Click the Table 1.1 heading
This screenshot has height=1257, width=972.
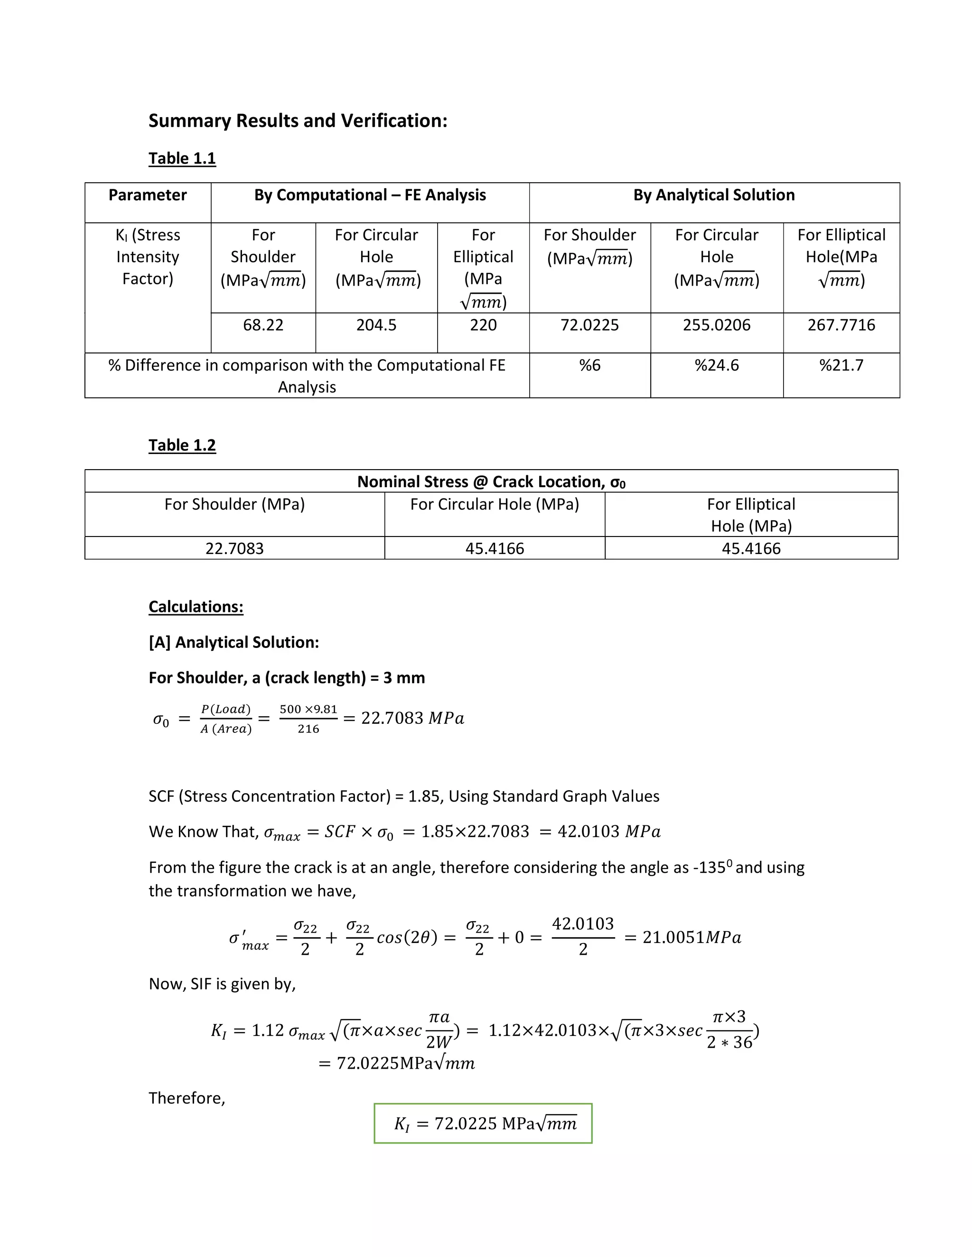pos(182,158)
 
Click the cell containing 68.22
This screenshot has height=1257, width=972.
pos(263,325)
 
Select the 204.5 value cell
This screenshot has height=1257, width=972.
pos(376,325)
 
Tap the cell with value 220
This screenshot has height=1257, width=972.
pos(483,325)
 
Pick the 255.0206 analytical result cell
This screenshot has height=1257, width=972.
pos(716,325)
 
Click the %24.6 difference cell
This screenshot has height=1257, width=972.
pos(716,365)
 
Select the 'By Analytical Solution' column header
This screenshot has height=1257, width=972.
pos(714,195)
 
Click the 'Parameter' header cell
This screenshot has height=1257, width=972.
pos(148,195)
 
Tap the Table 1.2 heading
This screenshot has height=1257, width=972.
pos(182,445)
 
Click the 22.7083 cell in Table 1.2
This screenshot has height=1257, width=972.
pos(234,548)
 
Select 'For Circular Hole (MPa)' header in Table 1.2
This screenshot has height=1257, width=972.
pos(494,504)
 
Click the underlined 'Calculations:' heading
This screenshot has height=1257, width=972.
pos(196,607)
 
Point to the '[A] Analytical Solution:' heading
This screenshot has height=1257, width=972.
pos(234,642)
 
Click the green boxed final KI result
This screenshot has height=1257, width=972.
pos(483,1123)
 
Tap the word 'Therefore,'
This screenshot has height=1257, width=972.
pos(187,1098)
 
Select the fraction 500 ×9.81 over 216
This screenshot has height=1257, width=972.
pos(308,719)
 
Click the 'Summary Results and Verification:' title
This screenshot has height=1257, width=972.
pos(298,121)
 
